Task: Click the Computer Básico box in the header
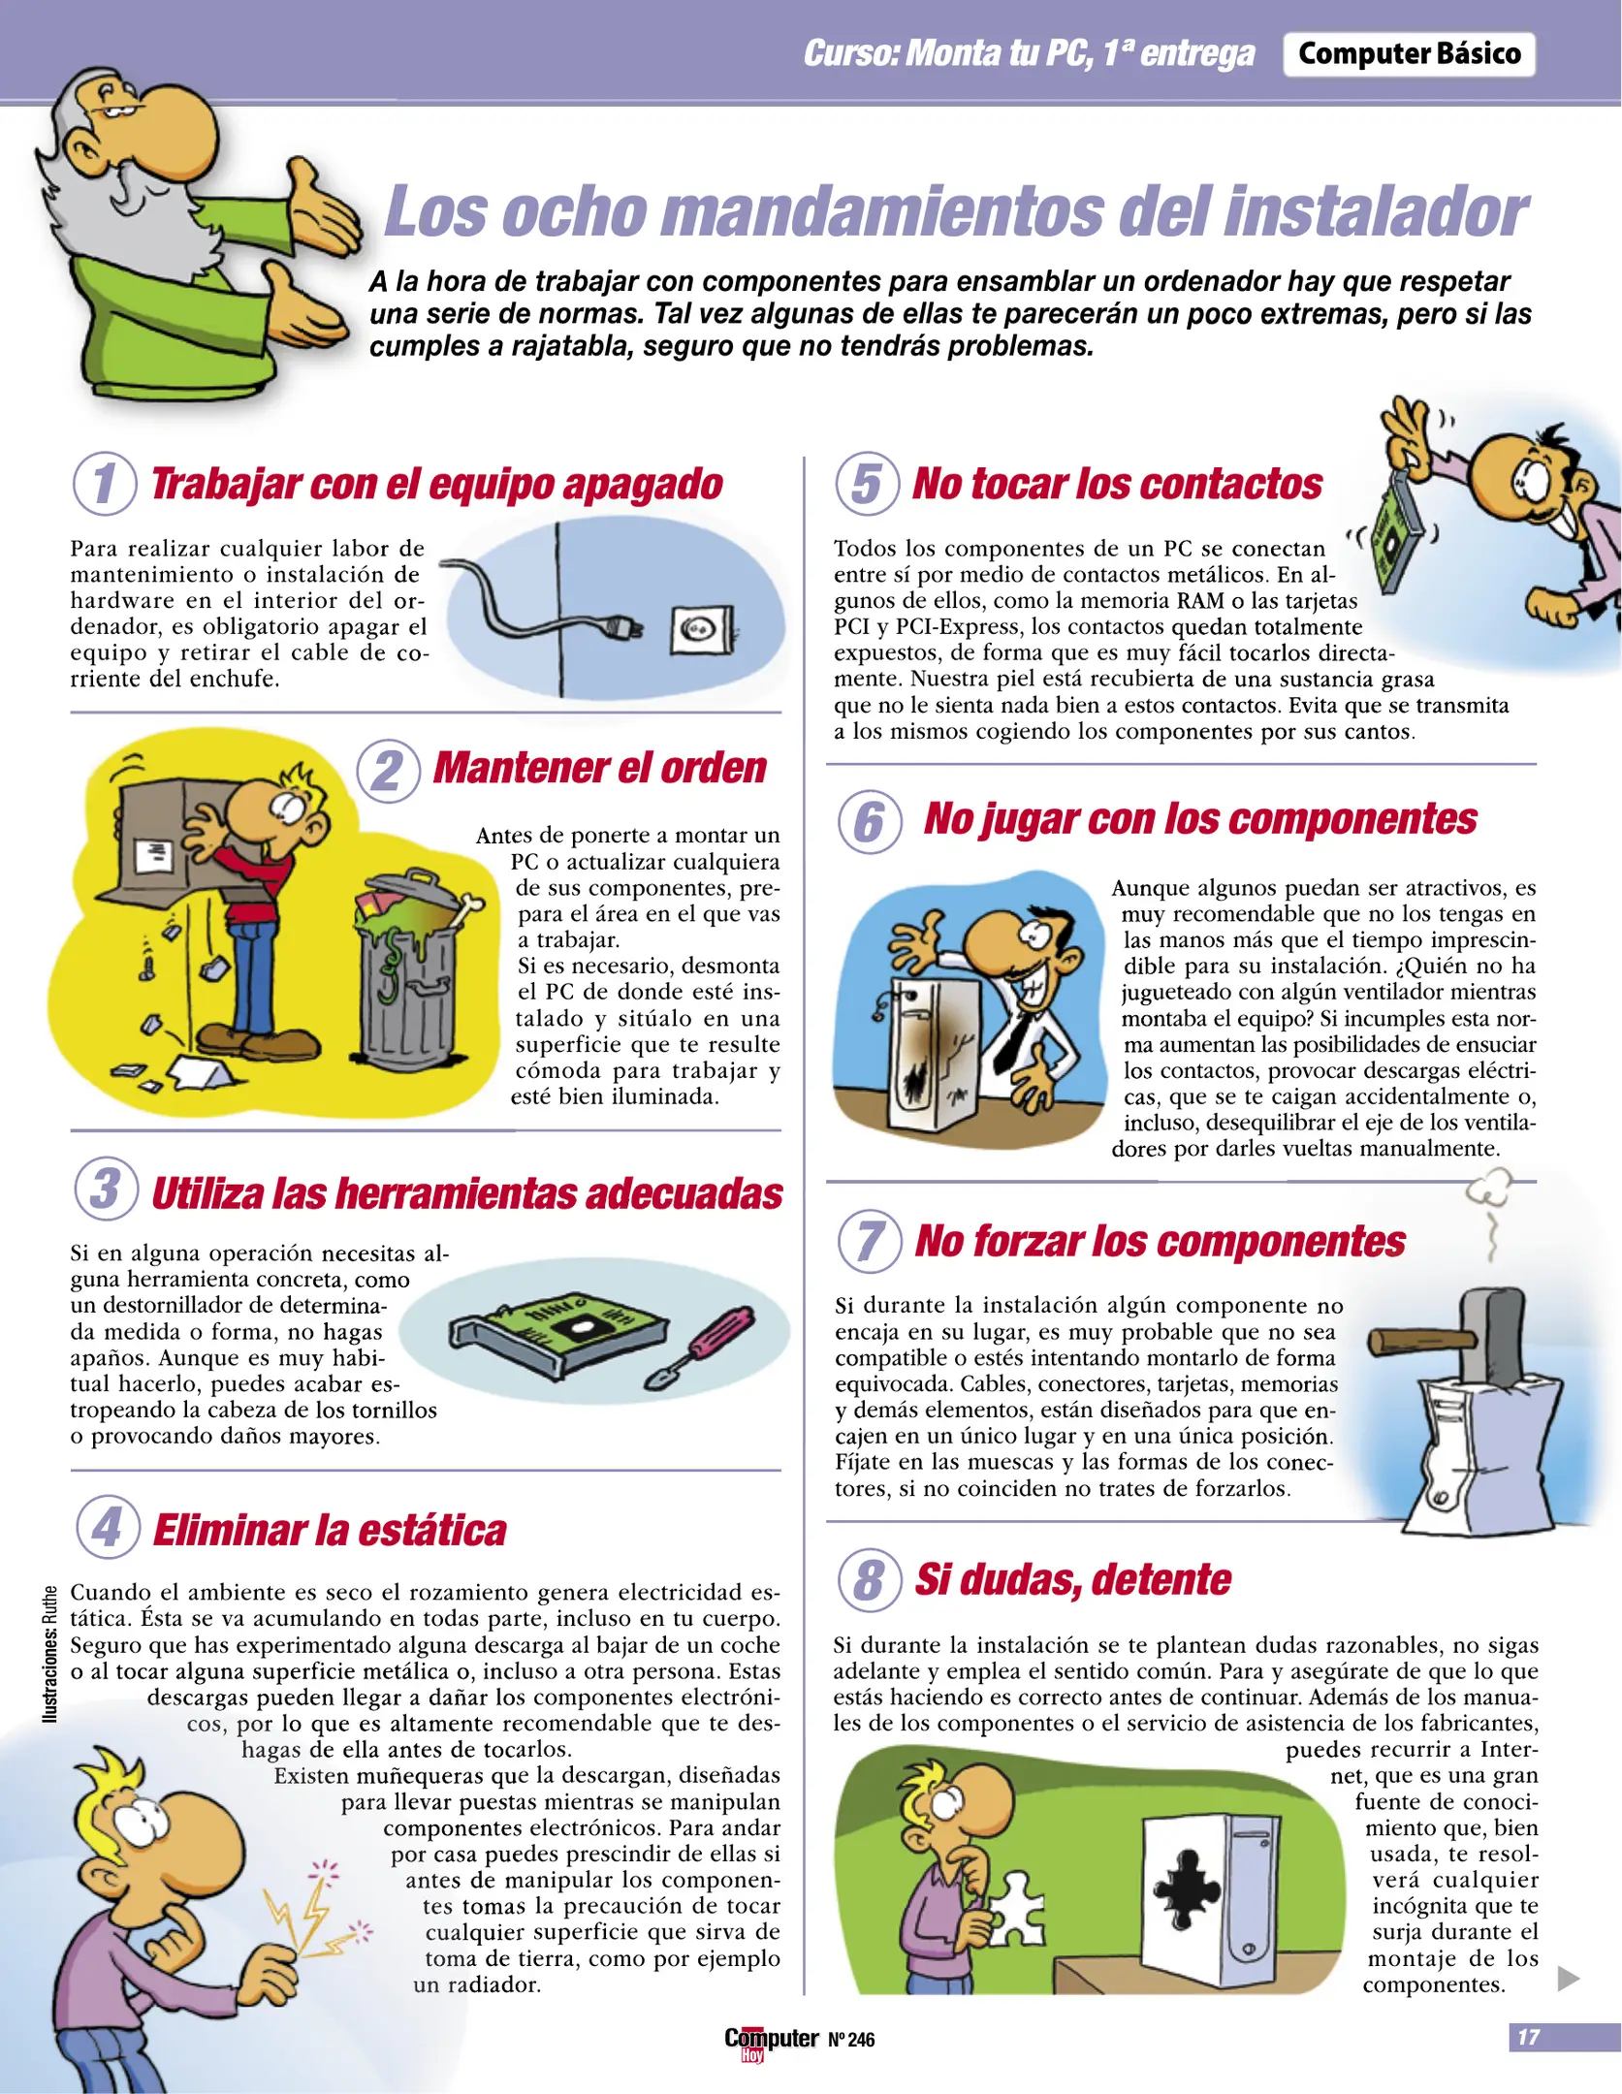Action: click(x=1409, y=54)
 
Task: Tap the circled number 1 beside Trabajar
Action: click(x=105, y=484)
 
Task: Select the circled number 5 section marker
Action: click(x=867, y=484)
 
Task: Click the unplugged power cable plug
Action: click(x=620, y=628)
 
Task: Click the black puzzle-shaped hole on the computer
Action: click(x=1187, y=1885)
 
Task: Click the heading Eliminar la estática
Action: click(x=330, y=1531)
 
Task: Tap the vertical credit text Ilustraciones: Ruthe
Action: click(x=49, y=1654)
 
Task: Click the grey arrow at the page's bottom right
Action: click(x=1568, y=1979)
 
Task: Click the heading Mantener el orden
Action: click(x=599, y=768)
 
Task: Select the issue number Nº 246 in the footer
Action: click(x=851, y=2040)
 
